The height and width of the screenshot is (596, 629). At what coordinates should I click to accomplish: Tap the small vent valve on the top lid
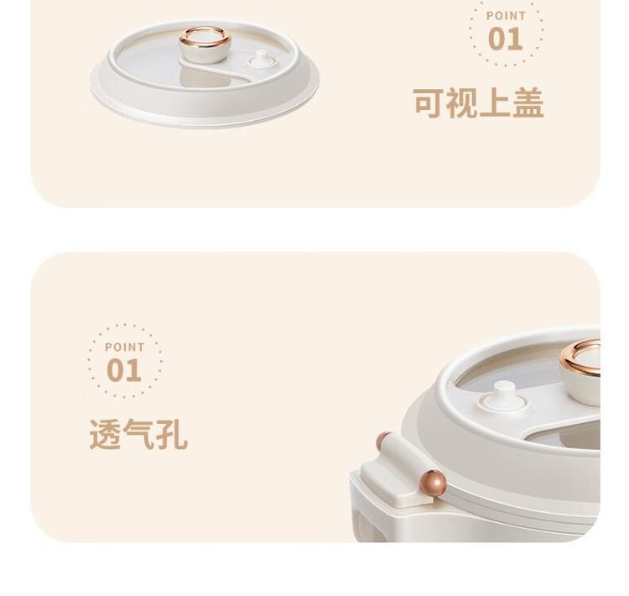point(263,60)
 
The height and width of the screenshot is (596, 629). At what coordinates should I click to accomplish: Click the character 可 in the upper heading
point(429,102)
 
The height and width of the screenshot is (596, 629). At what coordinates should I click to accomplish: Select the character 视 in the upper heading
point(461,102)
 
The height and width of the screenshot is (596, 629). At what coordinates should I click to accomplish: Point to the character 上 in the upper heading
point(495,102)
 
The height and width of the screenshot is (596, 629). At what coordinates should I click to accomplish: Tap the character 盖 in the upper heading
point(528,102)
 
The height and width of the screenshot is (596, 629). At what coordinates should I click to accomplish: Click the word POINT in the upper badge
point(506,16)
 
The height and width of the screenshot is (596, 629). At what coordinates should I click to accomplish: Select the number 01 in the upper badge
point(506,39)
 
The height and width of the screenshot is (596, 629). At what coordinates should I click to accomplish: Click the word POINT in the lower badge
point(124,347)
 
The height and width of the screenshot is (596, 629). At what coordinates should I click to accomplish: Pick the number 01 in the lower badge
point(124,370)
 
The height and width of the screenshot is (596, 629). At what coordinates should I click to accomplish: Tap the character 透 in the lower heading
point(105,434)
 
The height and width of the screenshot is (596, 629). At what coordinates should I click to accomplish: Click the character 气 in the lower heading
point(138,434)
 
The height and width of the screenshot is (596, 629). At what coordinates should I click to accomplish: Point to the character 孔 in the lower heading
point(171,434)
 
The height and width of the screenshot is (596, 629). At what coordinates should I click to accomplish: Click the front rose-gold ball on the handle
point(433,483)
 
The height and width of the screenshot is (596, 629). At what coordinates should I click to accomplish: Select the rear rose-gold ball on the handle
point(383,441)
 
